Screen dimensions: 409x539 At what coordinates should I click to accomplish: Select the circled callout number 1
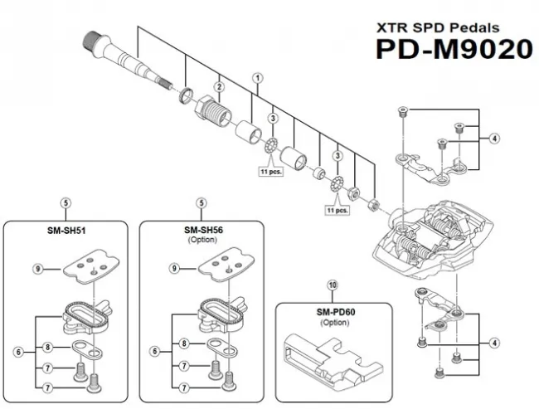tap(258, 77)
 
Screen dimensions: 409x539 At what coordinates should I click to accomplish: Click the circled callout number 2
tap(220, 87)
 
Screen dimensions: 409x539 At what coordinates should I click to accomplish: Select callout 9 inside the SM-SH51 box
tap(37, 268)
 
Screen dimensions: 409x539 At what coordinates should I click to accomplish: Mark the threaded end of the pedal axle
tap(93, 38)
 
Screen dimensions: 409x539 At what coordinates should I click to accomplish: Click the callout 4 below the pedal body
tap(494, 343)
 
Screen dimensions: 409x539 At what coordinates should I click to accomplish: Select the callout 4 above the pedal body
tap(494, 139)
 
